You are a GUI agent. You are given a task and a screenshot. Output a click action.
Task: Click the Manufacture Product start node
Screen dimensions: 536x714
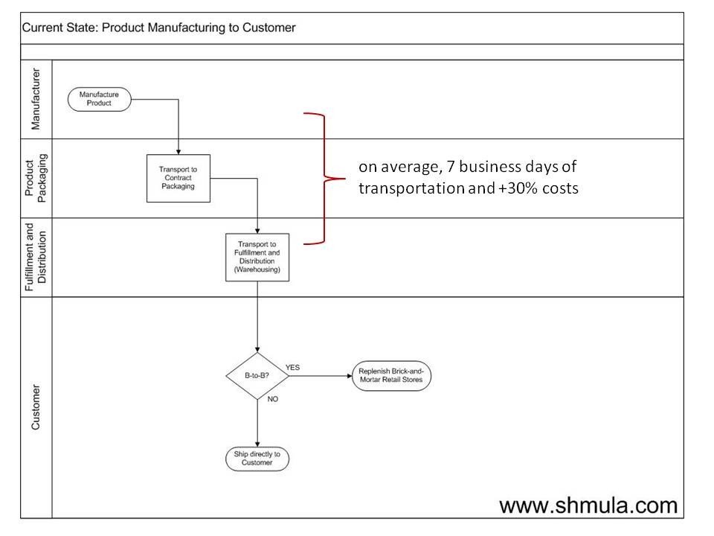99,99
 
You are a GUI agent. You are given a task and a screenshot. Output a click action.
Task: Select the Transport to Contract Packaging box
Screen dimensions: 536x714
177,178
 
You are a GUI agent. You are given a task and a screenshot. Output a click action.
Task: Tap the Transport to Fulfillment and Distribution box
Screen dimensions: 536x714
257,257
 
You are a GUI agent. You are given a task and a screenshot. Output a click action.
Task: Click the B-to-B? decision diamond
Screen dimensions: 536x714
257,376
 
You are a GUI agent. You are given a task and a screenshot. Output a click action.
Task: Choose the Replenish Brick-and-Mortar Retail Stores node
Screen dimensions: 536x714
391,376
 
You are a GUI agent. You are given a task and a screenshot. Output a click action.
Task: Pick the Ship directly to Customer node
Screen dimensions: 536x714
257,459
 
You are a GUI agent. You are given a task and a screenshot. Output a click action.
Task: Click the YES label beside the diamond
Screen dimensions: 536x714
293,367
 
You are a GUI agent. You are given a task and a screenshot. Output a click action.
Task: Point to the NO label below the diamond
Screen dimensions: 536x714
272,399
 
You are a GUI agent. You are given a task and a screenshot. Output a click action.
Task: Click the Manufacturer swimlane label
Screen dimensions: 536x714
36,99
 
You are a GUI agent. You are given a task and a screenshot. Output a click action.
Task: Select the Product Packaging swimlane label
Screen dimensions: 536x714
36,178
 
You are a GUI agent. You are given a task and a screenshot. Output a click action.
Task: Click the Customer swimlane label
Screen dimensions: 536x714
36,407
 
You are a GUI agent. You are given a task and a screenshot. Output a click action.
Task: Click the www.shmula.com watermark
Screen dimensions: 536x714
588,505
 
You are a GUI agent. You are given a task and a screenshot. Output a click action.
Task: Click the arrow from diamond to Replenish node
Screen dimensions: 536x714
320,376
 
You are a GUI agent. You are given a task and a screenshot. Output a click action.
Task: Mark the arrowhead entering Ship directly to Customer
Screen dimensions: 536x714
257,444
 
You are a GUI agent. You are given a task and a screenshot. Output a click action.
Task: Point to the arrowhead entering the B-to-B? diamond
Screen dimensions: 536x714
257,348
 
